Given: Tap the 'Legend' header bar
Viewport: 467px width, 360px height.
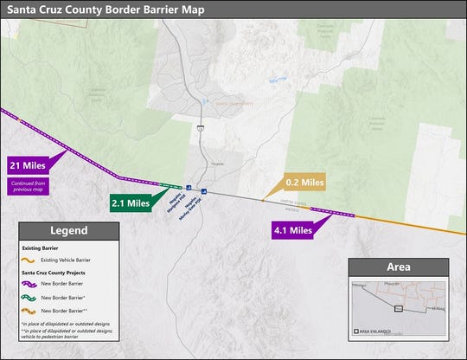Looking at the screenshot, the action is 69,231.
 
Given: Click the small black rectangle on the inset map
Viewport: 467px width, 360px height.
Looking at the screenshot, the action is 398,307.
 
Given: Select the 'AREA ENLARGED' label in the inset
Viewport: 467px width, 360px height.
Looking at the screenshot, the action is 379,331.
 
